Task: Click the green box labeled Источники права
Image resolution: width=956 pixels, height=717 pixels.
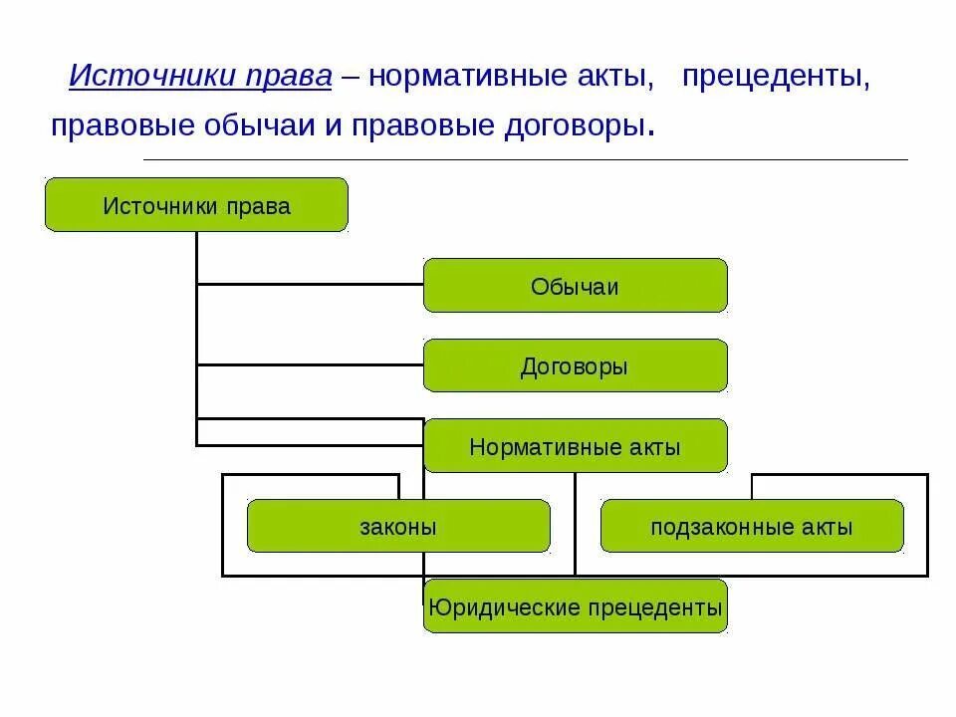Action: click(196, 205)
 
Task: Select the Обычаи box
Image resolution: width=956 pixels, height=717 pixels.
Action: click(575, 286)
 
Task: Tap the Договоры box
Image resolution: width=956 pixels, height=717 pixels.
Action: click(575, 365)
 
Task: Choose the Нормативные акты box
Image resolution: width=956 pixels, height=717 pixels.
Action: click(575, 446)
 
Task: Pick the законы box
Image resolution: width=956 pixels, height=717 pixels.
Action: click(398, 526)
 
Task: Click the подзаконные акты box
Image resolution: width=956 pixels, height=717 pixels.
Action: click(752, 526)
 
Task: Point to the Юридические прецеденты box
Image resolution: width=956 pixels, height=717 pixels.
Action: click(575, 606)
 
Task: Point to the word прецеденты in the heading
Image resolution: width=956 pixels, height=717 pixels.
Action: click(776, 77)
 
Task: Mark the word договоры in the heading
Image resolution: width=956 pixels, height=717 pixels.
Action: click(566, 126)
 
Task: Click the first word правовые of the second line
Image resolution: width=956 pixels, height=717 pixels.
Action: click(119, 126)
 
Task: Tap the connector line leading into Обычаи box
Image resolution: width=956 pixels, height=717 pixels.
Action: click(310, 285)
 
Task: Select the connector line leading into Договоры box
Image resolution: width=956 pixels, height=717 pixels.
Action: click(310, 364)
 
